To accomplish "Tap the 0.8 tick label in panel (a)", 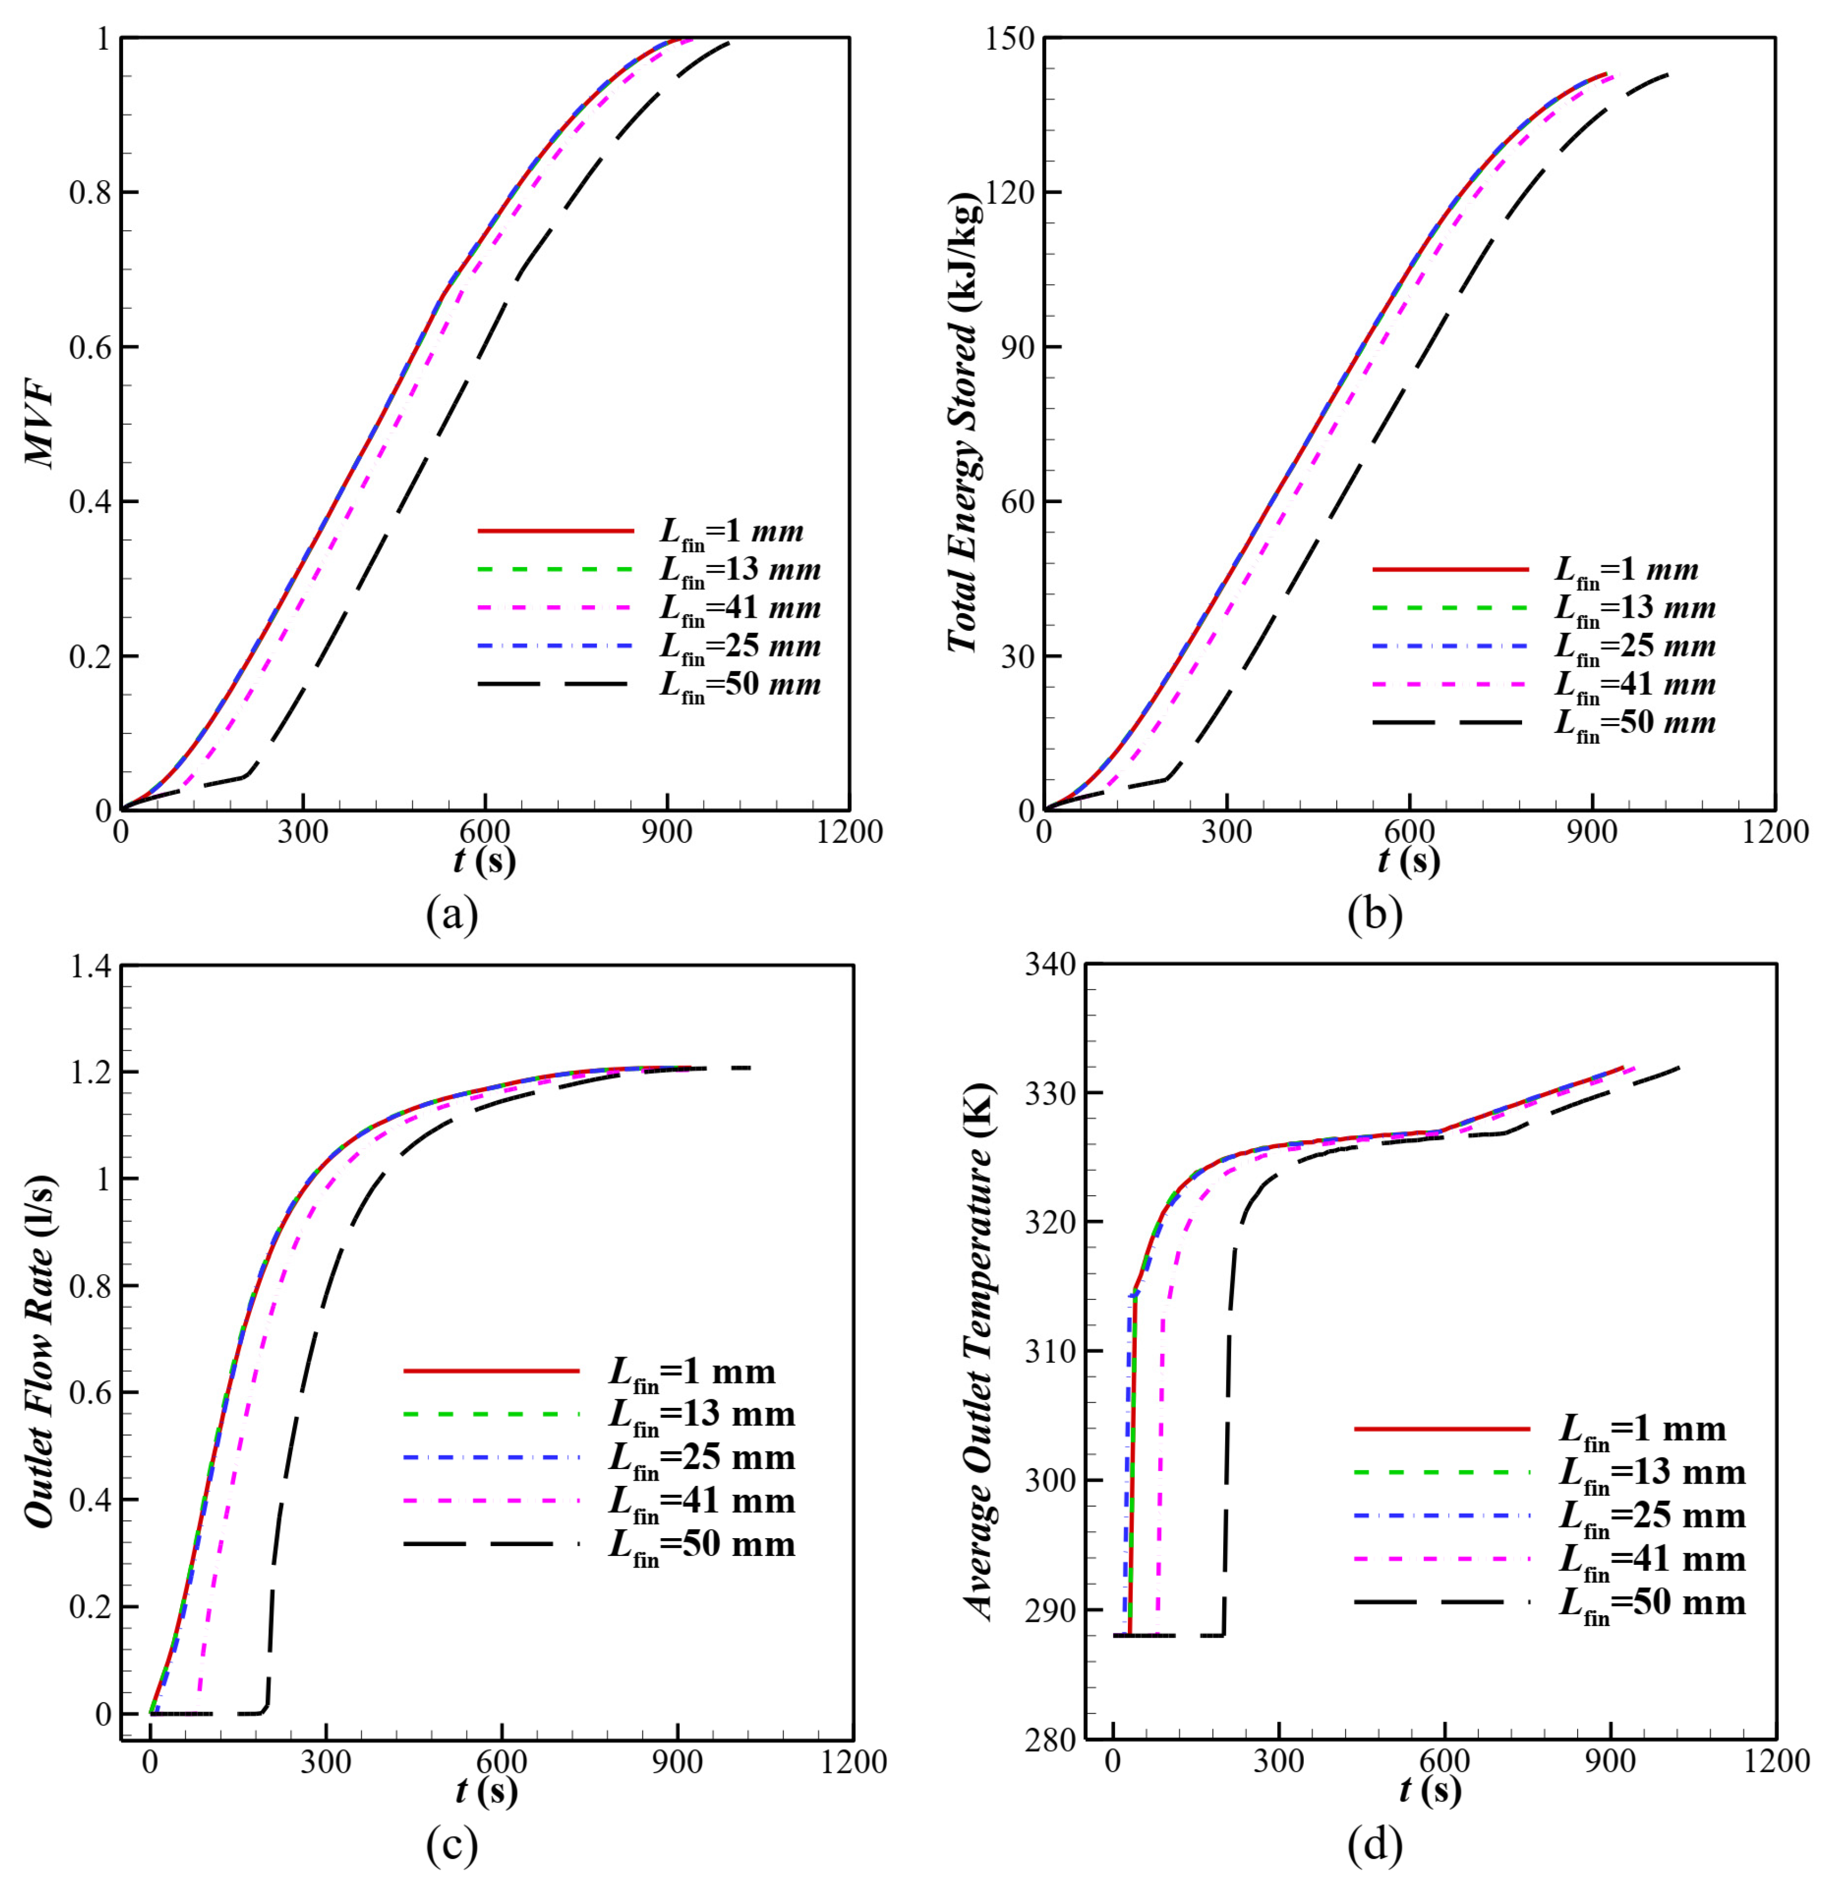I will [x=90, y=193].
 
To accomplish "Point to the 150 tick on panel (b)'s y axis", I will [x=1010, y=39].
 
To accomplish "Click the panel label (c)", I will [x=452, y=1847].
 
